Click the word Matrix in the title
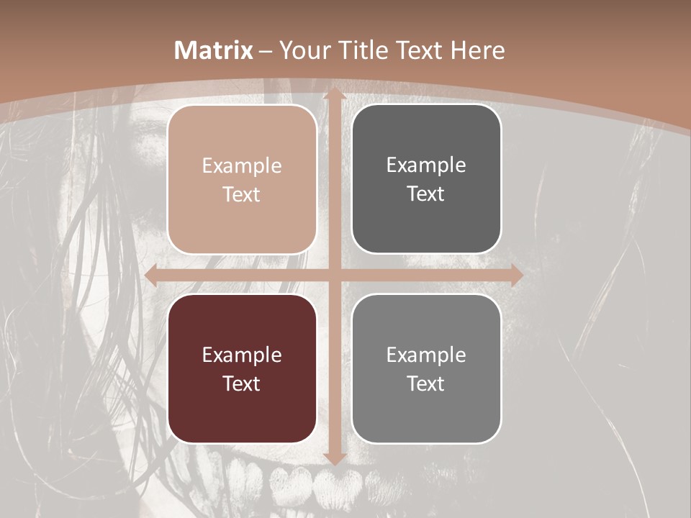click(214, 50)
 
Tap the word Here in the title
click(477, 50)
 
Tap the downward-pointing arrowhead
click(334, 458)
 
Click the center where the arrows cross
click(334, 276)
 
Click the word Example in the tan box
click(242, 166)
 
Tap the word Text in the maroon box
click(242, 383)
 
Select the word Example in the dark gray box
click(426, 165)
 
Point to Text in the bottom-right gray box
click(426, 383)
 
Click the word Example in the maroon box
click(242, 355)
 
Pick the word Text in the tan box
click(242, 194)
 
